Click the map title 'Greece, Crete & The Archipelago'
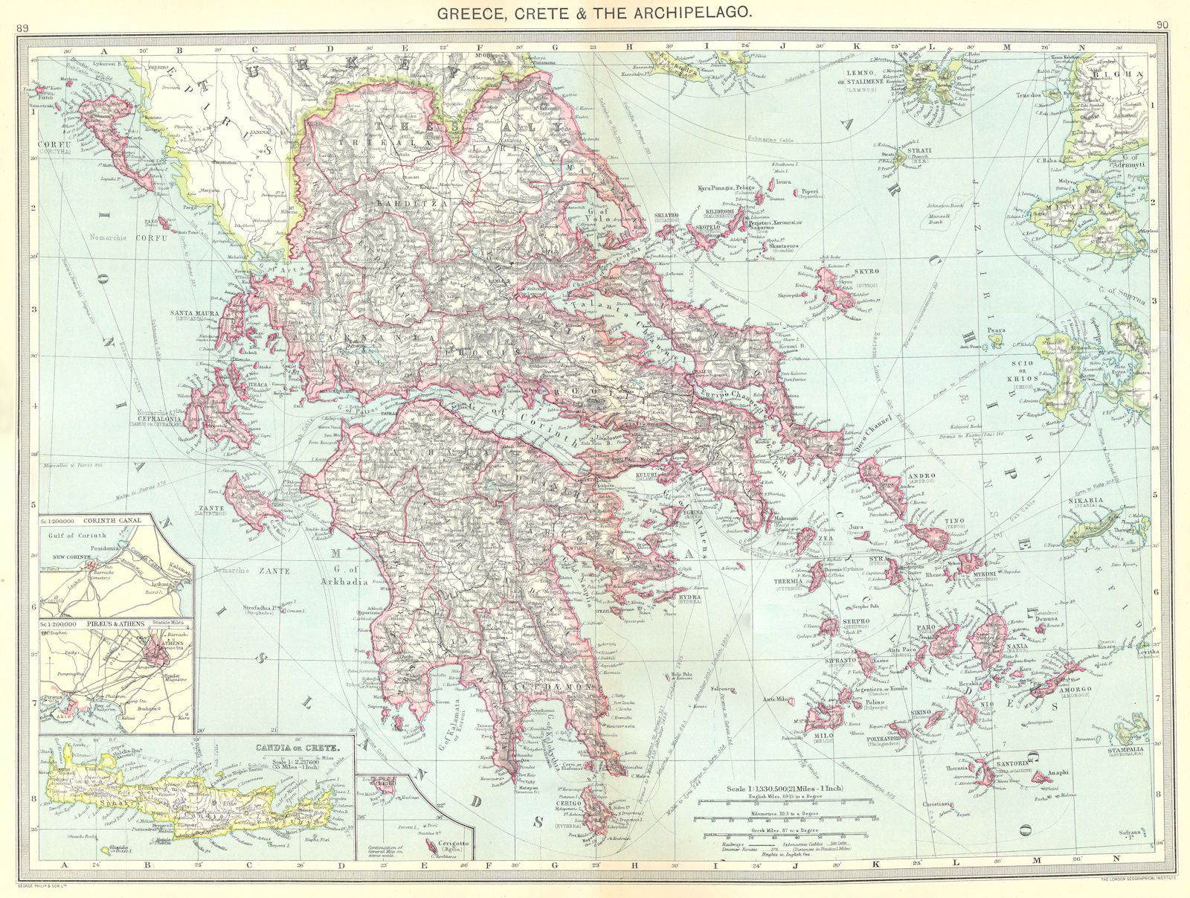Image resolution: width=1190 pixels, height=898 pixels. (x=594, y=12)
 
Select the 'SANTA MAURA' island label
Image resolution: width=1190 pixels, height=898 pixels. (x=195, y=314)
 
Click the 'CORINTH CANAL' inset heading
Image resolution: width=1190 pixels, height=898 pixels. (x=111, y=521)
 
